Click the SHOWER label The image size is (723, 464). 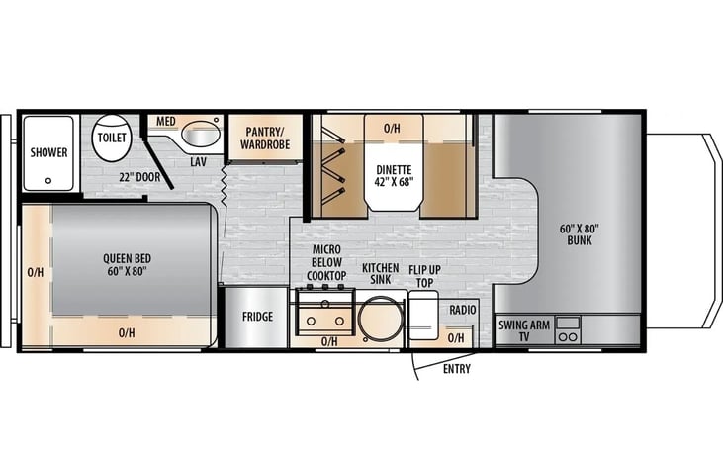48,152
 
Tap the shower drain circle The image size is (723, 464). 48,181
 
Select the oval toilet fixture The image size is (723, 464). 111,138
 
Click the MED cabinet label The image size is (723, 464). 166,122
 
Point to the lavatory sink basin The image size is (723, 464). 201,135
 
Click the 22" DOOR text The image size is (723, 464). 139,177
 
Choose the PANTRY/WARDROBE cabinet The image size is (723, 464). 265,137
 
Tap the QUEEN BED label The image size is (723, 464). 127,265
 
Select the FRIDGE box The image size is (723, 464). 256,318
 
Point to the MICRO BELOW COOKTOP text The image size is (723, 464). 327,262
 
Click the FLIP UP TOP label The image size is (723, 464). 424,276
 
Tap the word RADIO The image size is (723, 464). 463,310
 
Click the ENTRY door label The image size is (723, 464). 457,369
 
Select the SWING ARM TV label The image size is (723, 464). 524,330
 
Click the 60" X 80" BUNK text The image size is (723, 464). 580,234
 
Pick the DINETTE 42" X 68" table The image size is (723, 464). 394,176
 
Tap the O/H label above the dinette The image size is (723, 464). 392,129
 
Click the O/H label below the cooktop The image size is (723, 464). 329,341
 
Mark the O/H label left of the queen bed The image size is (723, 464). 36,273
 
